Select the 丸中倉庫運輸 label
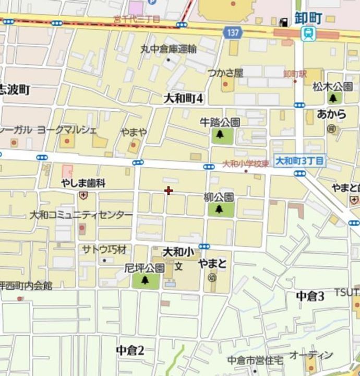pos(168,50)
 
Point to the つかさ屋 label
pos(225,73)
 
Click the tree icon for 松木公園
pos(333,98)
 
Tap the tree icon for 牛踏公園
pos(220,135)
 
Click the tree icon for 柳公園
pos(218,209)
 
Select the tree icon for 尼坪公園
pos(145,280)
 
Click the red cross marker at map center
pos(169,191)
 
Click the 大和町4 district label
pos(183,98)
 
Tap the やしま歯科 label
pos(83,183)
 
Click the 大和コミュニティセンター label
pos(81,215)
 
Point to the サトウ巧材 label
pos(104,249)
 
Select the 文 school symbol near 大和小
pos(178,266)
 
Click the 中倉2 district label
pos(129,350)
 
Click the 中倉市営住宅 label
pos(255,360)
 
